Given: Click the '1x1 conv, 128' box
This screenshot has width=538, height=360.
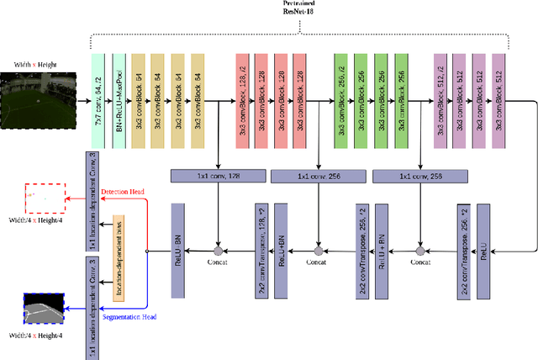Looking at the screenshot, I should coord(217,176).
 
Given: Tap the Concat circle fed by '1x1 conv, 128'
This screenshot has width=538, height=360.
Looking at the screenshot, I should coord(218,251).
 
